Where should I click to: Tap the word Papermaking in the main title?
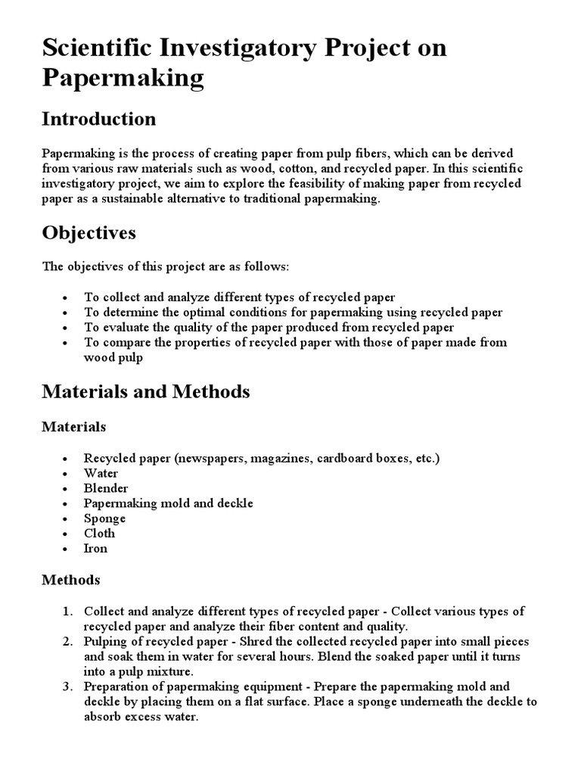[x=123, y=78]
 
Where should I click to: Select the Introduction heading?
[x=98, y=119]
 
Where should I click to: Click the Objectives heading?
[x=89, y=232]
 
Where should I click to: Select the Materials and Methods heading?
[x=145, y=391]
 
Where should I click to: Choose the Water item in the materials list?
[x=101, y=473]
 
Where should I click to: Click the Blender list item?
[x=106, y=488]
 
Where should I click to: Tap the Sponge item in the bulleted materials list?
[x=104, y=518]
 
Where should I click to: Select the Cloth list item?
[x=100, y=534]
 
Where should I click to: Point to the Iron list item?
[x=95, y=549]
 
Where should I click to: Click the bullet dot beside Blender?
[x=67, y=489]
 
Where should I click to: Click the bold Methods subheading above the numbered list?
[x=70, y=580]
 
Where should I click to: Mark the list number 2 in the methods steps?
[x=67, y=642]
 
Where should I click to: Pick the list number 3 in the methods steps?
[x=67, y=687]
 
